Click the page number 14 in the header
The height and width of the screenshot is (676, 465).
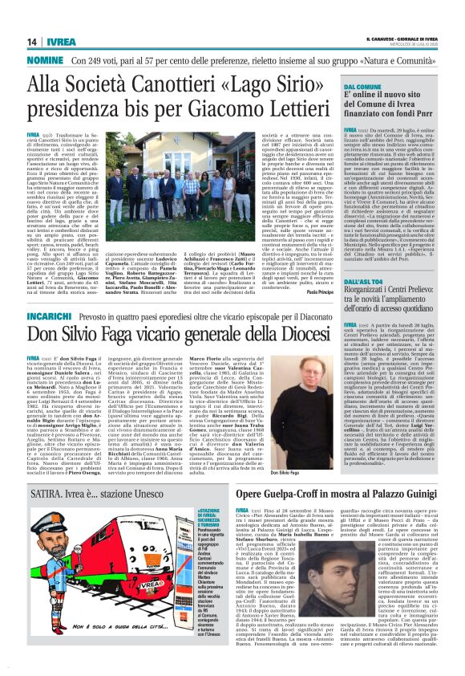tap(31, 42)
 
